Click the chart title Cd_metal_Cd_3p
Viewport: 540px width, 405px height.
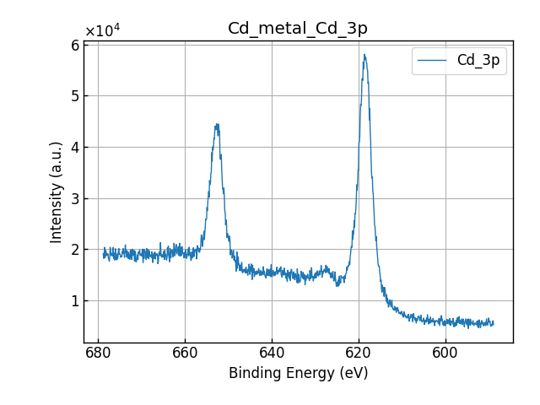[x=298, y=29]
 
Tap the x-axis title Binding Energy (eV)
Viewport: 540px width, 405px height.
[x=298, y=373]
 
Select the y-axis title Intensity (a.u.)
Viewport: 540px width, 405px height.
[x=57, y=192]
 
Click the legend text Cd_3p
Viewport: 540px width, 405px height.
[x=478, y=61]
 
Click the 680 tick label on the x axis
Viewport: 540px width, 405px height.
[x=98, y=354]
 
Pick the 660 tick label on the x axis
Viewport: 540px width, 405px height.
[x=185, y=354]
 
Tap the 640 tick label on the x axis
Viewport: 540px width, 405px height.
[x=272, y=354]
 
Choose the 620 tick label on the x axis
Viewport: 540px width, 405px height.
[x=359, y=354]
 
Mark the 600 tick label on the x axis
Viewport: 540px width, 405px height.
[x=445, y=354]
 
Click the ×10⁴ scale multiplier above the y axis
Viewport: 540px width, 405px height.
[x=102, y=31]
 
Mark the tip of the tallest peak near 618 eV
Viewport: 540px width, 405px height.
[x=364, y=55]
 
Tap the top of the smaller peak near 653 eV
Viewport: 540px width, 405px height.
[x=217, y=124]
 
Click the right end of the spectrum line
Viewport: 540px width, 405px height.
[x=493, y=323]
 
